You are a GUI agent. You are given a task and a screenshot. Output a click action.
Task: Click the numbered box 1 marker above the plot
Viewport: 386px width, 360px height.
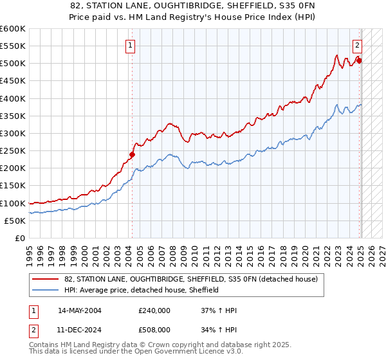[131, 45]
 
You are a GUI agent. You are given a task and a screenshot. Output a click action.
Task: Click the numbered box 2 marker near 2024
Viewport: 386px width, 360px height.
[357, 45]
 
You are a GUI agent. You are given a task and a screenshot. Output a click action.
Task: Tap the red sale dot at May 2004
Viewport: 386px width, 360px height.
[132, 154]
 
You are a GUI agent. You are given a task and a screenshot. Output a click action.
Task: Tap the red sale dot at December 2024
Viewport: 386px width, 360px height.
[360, 61]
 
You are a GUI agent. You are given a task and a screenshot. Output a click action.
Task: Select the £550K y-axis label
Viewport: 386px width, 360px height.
[13, 46]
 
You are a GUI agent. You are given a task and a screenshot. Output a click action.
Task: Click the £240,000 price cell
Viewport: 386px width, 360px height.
[154, 310]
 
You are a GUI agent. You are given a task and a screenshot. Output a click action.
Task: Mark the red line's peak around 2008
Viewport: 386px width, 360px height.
[169, 123]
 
